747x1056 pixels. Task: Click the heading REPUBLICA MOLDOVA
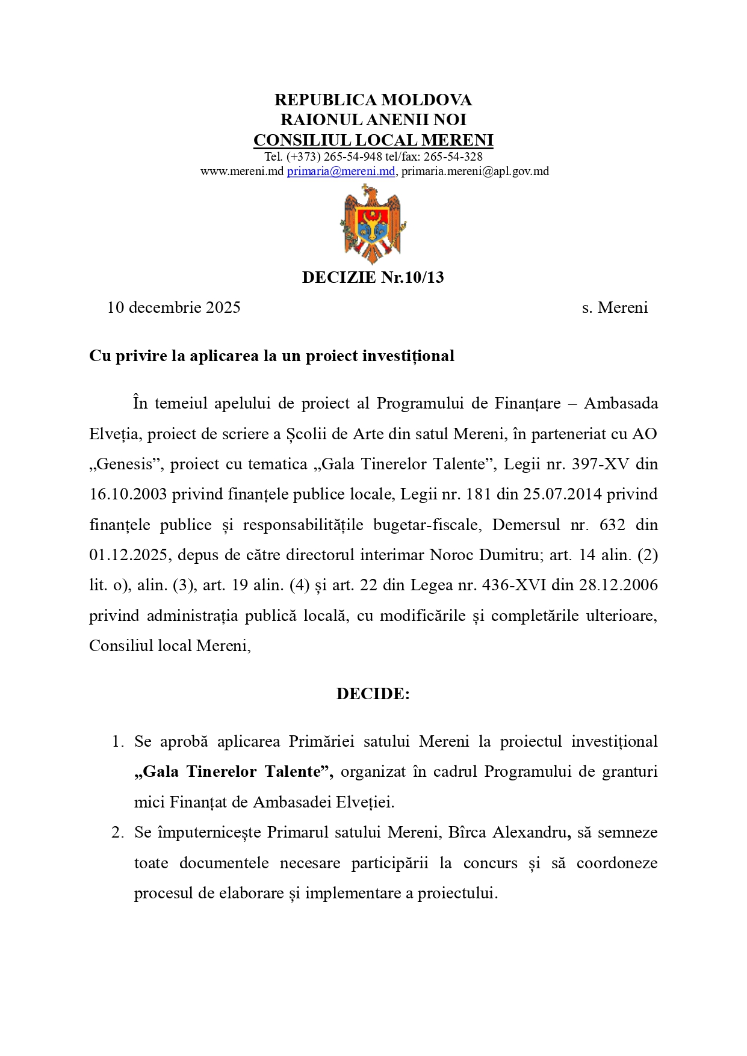(373, 100)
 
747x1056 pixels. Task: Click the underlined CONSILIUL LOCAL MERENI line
(373, 140)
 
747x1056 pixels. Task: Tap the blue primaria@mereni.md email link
(341, 171)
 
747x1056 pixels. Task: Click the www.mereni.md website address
(241, 171)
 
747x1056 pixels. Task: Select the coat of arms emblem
(373, 224)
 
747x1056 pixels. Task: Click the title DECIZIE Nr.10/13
(373, 277)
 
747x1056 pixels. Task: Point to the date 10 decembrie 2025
(173, 307)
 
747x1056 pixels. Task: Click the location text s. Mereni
(615, 307)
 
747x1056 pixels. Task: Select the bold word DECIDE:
(373, 694)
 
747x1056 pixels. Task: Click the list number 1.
(117, 741)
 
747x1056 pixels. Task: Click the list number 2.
(117, 832)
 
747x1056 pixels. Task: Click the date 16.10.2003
(128, 495)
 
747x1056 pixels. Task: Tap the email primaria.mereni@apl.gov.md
(475, 171)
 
